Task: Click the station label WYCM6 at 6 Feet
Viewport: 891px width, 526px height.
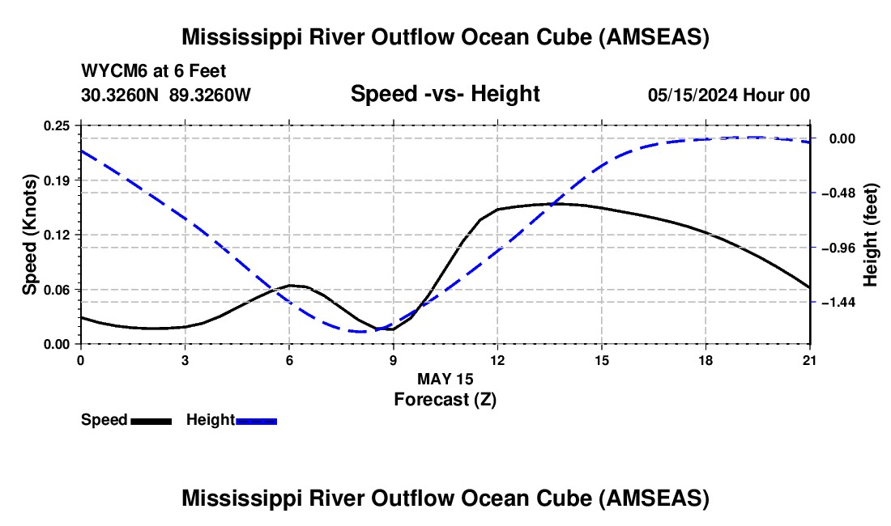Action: click(x=153, y=71)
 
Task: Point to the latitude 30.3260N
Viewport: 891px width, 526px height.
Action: click(x=119, y=95)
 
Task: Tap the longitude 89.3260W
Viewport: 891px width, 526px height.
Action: click(x=210, y=95)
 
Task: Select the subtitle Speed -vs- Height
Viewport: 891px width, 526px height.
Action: click(x=445, y=94)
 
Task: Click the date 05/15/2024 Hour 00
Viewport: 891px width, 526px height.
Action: click(x=729, y=95)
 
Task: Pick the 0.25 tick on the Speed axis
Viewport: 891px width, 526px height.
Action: click(x=57, y=125)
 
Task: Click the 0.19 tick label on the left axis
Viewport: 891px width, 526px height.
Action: click(x=57, y=180)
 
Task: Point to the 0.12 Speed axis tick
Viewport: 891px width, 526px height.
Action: click(x=57, y=235)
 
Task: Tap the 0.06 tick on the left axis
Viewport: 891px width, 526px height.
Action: click(x=57, y=290)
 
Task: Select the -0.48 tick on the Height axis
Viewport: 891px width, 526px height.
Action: click(x=838, y=193)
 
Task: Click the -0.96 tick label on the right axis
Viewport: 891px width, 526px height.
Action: click(x=838, y=248)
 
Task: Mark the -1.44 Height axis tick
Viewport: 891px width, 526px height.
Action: click(x=838, y=303)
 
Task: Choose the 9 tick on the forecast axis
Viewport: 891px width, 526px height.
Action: click(x=393, y=360)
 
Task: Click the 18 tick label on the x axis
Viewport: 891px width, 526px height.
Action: click(x=706, y=360)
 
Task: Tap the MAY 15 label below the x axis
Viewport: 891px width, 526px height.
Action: click(x=445, y=379)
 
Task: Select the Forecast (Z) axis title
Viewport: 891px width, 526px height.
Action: click(x=445, y=400)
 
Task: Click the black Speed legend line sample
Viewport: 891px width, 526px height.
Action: click(x=151, y=422)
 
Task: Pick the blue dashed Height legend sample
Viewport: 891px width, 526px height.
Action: click(x=256, y=422)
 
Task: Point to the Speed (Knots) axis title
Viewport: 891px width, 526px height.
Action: click(x=29, y=235)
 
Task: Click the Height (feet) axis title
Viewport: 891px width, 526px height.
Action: click(x=870, y=235)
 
